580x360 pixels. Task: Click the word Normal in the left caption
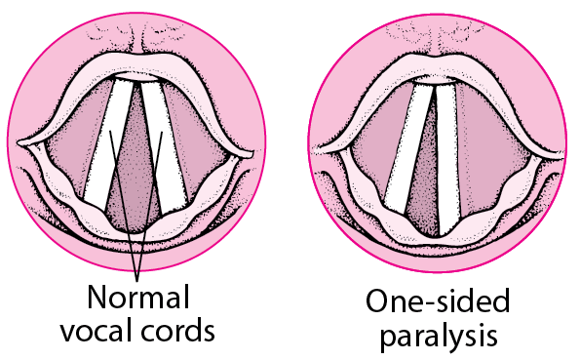tap(138, 297)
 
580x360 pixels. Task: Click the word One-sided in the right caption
tap(438, 300)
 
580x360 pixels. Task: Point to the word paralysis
tap(439, 337)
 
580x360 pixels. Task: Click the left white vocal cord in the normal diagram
tap(108, 144)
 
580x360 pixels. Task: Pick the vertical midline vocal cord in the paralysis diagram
tap(447, 159)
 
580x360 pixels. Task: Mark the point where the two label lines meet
tap(137, 280)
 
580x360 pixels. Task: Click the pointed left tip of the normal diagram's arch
tap(18, 142)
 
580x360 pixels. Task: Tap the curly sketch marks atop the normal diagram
tap(136, 32)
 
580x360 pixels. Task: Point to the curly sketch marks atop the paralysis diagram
tap(437, 30)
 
